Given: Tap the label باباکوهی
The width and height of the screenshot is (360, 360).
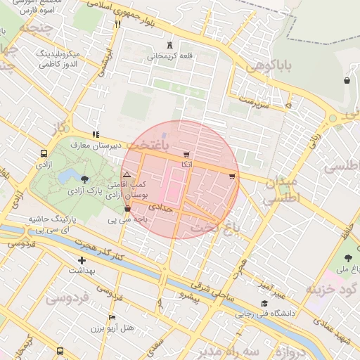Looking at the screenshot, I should click(268, 67).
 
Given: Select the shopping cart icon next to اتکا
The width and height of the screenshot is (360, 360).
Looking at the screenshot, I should click(186, 154).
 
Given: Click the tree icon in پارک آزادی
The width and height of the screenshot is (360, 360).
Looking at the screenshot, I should click(85, 179).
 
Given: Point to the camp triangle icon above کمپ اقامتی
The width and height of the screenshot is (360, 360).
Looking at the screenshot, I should click(127, 174).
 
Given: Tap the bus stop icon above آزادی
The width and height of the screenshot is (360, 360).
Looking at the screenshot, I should click(44, 153).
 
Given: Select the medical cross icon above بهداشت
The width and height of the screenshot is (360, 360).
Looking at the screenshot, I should click(82, 260).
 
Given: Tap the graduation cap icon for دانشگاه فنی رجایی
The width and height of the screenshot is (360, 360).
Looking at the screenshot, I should click(264, 304).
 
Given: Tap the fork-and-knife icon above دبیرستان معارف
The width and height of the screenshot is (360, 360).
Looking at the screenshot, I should click(95, 134).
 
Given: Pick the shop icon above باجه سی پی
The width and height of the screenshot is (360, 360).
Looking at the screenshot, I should click(127, 208).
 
